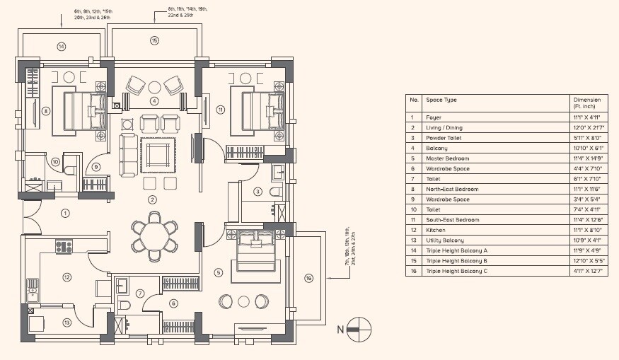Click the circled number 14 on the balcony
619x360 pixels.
pos(62,47)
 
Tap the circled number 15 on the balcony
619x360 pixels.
pos(154,40)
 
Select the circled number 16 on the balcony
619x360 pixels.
pos(308,278)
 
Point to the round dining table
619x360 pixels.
pos(154,236)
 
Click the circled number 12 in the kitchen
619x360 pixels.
pos(66,277)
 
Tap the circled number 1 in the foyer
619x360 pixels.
pos(64,212)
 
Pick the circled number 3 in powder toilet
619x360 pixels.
pos(258,191)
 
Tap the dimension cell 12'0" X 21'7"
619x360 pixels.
pos(589,127)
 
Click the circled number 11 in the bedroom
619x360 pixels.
pos(220,110)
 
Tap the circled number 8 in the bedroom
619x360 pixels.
pos(45,110)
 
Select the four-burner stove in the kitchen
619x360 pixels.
pos(64,247)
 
